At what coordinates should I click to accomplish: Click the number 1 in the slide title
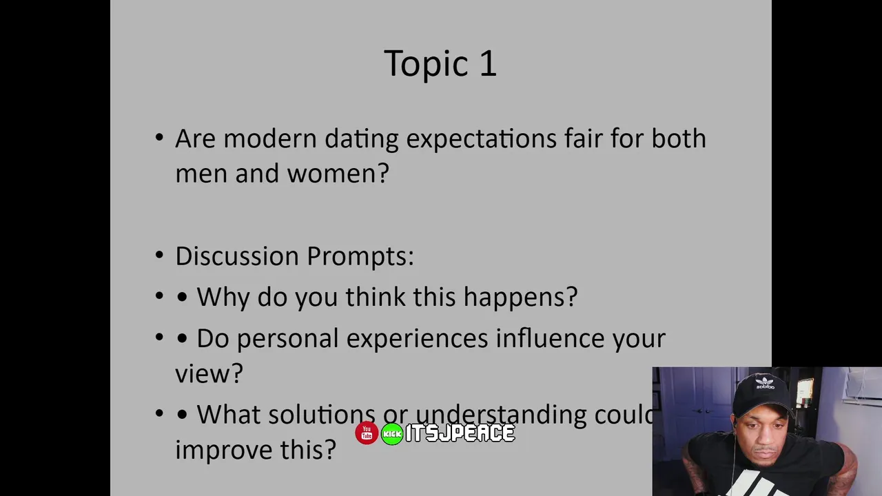[x=489, y=63]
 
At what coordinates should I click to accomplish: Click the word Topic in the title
[x=426, y=65]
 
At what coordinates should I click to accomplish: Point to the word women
[x=334, y=174]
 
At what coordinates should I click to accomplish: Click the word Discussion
[x=237, y=256]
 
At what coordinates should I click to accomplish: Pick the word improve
[x=224, y=451]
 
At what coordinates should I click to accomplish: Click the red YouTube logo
[x=367, y=433]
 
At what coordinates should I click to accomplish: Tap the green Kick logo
[x=392, y=434]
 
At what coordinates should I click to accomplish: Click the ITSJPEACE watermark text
[x=460, y=433]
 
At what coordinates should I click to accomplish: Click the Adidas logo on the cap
[x=765, y=382]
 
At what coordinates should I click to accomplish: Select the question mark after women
[x=382, y=173]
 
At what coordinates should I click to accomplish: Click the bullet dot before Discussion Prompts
[x=159, y=255]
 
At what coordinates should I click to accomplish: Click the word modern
[x=270, y=138]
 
